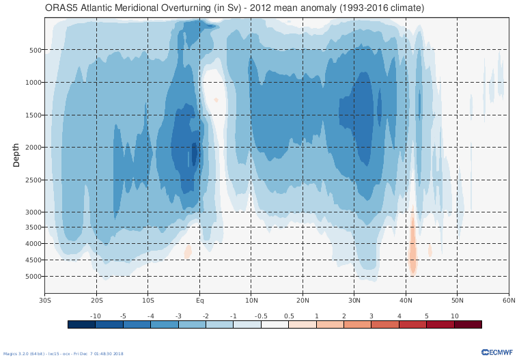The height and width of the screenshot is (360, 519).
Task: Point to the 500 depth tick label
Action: pos(36,50)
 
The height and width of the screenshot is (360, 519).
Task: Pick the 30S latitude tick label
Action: pos(45,300)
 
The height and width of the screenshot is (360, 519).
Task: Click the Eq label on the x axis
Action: pos(199,300)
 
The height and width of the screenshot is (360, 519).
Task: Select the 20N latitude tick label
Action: pos(303,300)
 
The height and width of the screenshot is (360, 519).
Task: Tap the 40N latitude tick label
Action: pos(406,300)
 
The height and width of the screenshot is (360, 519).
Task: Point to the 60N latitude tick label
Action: pos(509,300)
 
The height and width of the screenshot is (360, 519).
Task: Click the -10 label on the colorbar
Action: pos(96,316)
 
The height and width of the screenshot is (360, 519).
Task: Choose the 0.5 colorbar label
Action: pos(288,316)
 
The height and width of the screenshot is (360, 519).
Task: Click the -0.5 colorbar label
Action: pos(261,316)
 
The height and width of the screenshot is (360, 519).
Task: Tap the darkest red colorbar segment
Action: pos(468,324)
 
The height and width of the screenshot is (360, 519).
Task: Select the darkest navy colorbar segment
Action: pos(81,324)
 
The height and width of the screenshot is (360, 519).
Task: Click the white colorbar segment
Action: pos(275,324)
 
